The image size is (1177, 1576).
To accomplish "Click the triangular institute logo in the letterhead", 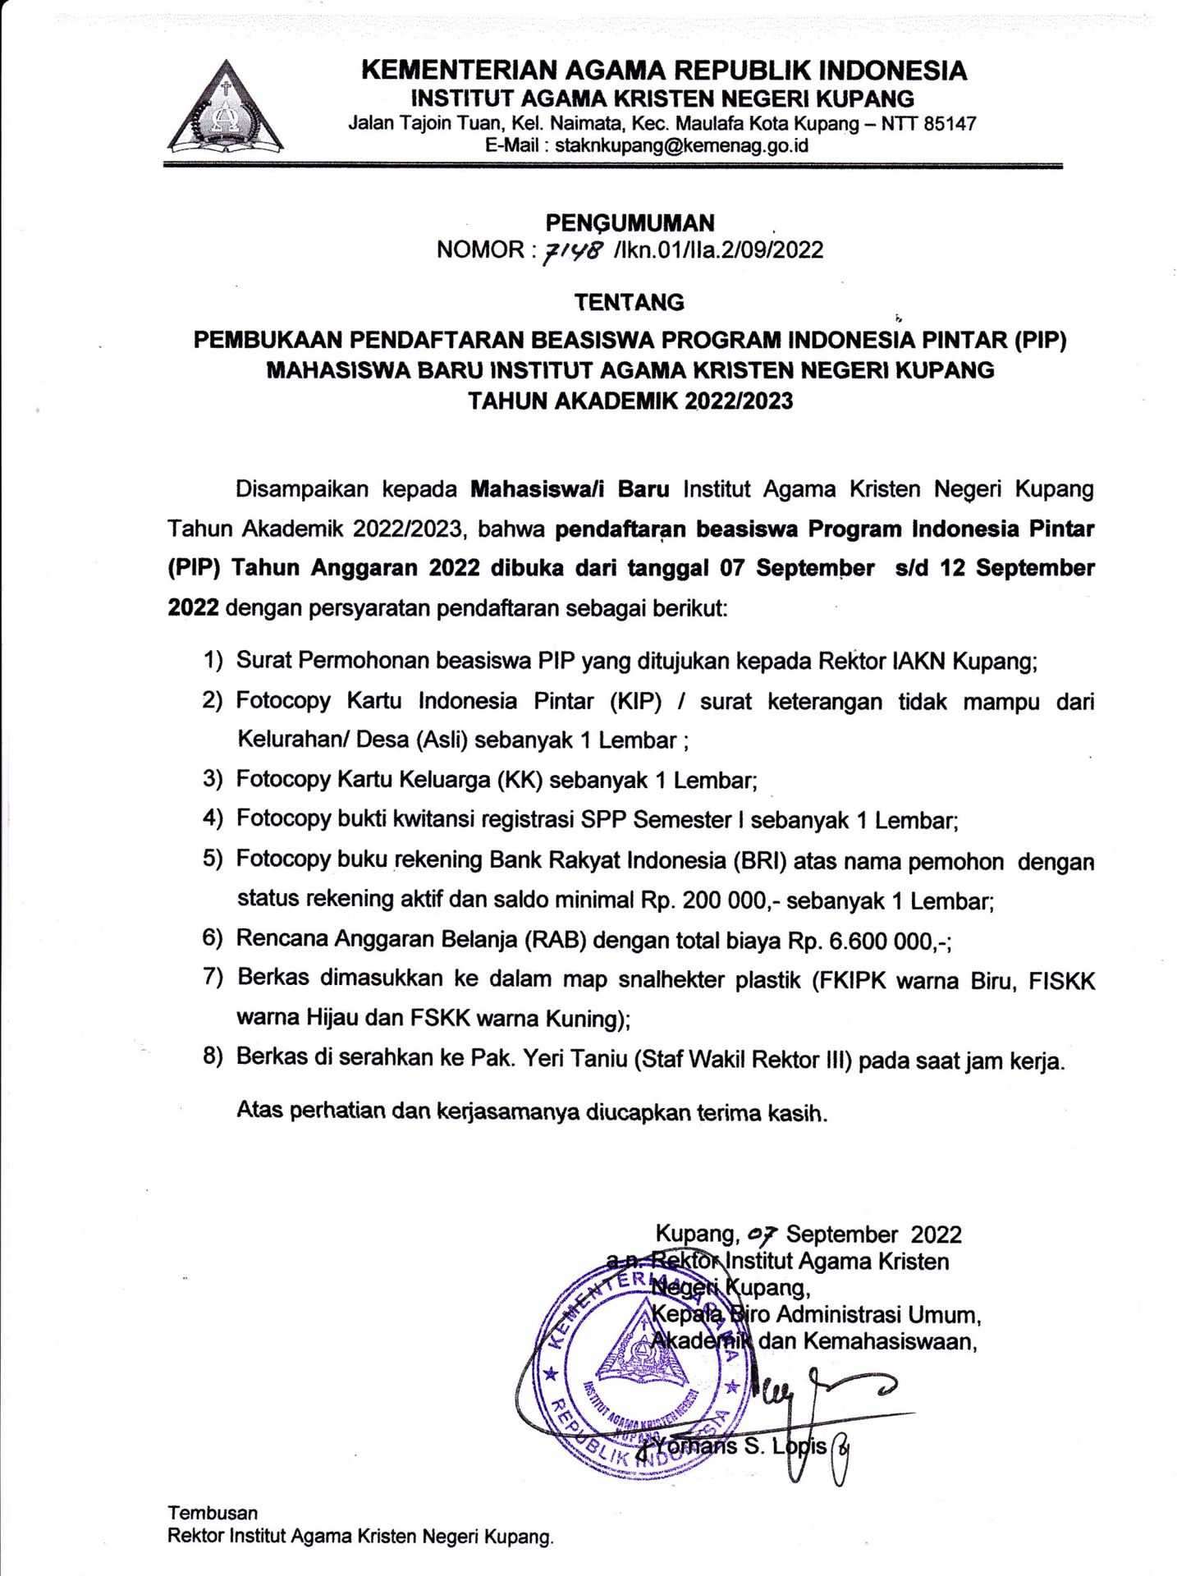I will tap(226, 109).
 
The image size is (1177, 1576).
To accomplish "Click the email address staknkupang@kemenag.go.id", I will tap(682, 146).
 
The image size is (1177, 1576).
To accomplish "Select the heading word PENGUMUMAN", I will tap(630, 222).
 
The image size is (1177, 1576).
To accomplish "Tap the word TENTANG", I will tap(629, 302).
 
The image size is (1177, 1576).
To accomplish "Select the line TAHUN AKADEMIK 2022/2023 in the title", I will tap(630, 401).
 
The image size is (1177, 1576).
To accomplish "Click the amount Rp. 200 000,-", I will tap(711, 900).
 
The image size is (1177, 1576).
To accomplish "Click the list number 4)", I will tap(213, 818).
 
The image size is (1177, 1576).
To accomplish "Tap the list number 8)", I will tap(213, 1057).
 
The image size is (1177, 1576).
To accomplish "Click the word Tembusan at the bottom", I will tap(213, 1513).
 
